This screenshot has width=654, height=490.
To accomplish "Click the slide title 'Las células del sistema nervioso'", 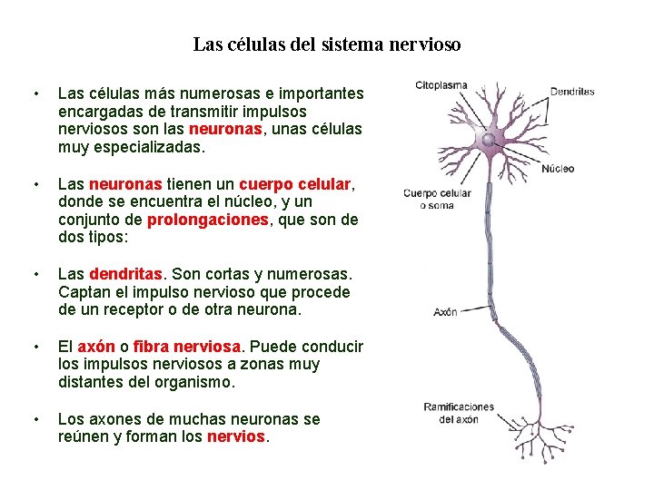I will click(x=327, y=44).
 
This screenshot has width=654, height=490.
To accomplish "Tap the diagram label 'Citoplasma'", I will click(x=441, y=86).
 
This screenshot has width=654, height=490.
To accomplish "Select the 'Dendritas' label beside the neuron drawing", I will click(x=571, y=92).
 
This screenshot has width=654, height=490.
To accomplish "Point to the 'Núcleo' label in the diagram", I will click(x=557, y=169).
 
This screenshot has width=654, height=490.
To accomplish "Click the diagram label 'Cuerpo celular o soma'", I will click(x=437, y=199).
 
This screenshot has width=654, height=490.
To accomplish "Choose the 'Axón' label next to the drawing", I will click(x=444, y=312).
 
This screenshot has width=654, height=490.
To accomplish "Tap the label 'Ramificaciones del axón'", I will click(x=459, y=413).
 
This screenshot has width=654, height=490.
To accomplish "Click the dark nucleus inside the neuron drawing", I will click(x=489, y=141).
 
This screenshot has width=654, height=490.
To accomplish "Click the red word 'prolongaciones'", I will click(x=208, y=220).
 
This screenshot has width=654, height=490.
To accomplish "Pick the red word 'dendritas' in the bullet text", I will click(x=126, y=274).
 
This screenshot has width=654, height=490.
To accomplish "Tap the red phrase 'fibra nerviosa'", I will click(x=187, y=347).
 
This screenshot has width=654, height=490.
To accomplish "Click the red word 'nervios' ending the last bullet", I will click(x=236, y=437).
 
